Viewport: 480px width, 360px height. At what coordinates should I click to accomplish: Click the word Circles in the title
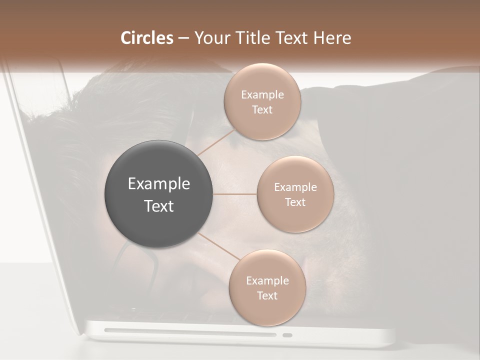146,38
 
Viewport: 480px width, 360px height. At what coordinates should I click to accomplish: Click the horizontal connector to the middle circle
235,194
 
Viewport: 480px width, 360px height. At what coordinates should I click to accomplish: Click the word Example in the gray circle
159,184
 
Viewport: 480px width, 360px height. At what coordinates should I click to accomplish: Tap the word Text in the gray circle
159,206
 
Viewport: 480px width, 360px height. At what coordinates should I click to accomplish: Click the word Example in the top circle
262,94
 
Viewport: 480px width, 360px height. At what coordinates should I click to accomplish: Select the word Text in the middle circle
295,202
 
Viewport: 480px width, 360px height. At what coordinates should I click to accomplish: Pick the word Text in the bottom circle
267,295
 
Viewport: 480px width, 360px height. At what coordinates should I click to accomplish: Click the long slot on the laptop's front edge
190,332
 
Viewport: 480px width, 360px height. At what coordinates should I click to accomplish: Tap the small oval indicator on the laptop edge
287,335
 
